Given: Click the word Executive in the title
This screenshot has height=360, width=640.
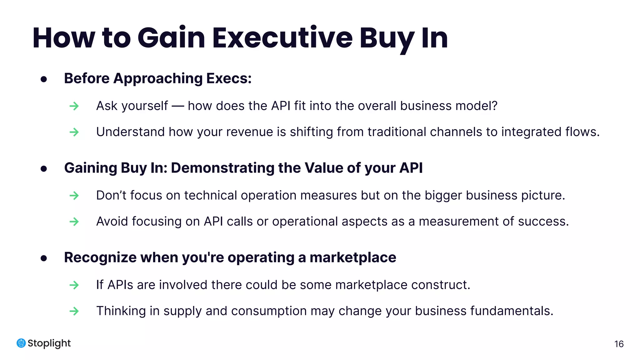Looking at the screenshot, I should tap(282, 38).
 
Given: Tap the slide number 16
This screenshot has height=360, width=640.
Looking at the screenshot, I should tap(619, 344).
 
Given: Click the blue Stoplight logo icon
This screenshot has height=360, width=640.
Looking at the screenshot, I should tap(21, 343).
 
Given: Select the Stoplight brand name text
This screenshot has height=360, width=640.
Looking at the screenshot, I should tap(49, 343).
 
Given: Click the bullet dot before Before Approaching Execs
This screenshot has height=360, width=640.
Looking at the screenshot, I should tap(44, 79).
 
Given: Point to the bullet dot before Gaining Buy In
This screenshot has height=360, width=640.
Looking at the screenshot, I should tap(44, 169).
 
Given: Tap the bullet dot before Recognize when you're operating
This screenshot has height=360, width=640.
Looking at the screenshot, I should tap(44, 258).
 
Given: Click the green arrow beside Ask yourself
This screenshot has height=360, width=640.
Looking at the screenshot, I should tap(74, 106).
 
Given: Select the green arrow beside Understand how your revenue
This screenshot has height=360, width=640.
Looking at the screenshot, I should tap(74, 132).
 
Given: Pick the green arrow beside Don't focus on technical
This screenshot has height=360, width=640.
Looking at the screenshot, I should tap(74, 196).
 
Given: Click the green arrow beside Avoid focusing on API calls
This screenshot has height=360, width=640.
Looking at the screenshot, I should tap(74, 222).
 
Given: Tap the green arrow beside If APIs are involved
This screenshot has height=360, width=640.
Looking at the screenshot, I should tap(74, 285).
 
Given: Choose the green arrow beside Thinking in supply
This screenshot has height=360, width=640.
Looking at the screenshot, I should tap(74, 311).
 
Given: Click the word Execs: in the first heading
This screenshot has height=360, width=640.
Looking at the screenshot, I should tap(229, 78).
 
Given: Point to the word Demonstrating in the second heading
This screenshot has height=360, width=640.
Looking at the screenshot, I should tap(222, 168).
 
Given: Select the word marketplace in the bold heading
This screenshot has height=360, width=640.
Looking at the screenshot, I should tap(353, 257).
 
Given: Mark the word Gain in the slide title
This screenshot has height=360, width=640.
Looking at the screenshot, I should tap(171, 38).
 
